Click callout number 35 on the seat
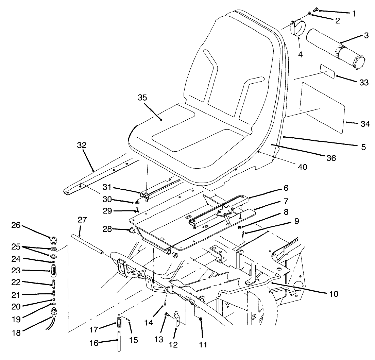(x=142, y=98)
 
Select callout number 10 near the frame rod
(x=334, y=293)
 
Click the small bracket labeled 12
(x=177, y=318)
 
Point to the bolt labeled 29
(x=137, y=209)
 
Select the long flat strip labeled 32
(x=95, y=177)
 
